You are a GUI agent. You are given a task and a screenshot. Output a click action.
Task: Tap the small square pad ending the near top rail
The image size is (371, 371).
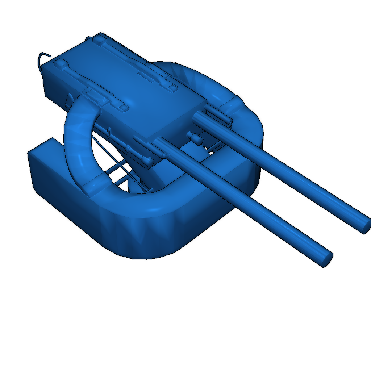point(124,108)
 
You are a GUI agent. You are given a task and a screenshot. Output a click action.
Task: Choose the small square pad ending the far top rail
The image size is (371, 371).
point(173,88)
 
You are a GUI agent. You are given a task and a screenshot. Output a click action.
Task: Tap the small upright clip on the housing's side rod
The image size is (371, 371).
point(128,149)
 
